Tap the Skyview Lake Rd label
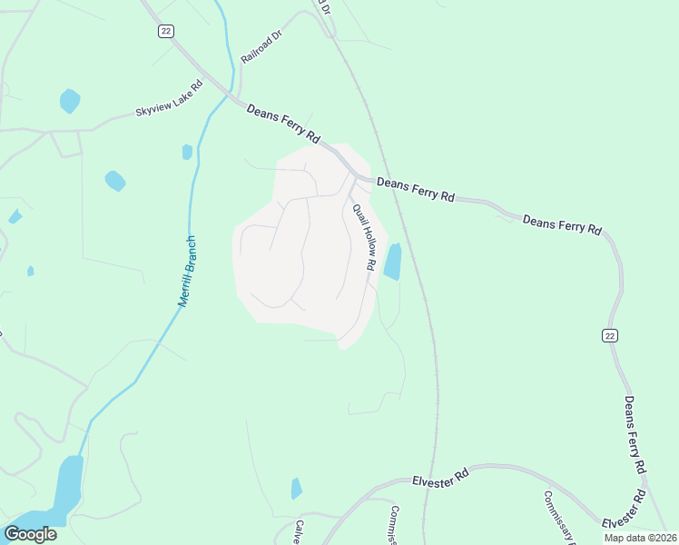[168, 98]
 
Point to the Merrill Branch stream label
[188, 271]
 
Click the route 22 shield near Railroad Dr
[164, 31]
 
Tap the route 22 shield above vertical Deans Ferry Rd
[610, 335]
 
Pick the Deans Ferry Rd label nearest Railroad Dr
[283, 123]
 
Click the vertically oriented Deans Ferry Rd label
[635, 433]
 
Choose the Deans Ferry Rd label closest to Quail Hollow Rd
[415, 189]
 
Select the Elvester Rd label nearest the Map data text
[624, 510]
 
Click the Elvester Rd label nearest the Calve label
[440, 478]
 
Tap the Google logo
[30, 533]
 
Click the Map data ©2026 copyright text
[640, 538]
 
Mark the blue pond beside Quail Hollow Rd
[393, 262]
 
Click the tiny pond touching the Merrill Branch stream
[187, 152]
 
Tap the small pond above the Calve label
[296, 489]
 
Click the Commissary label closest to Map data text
[559, 516]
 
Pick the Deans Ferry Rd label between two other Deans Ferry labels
[563, 224]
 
